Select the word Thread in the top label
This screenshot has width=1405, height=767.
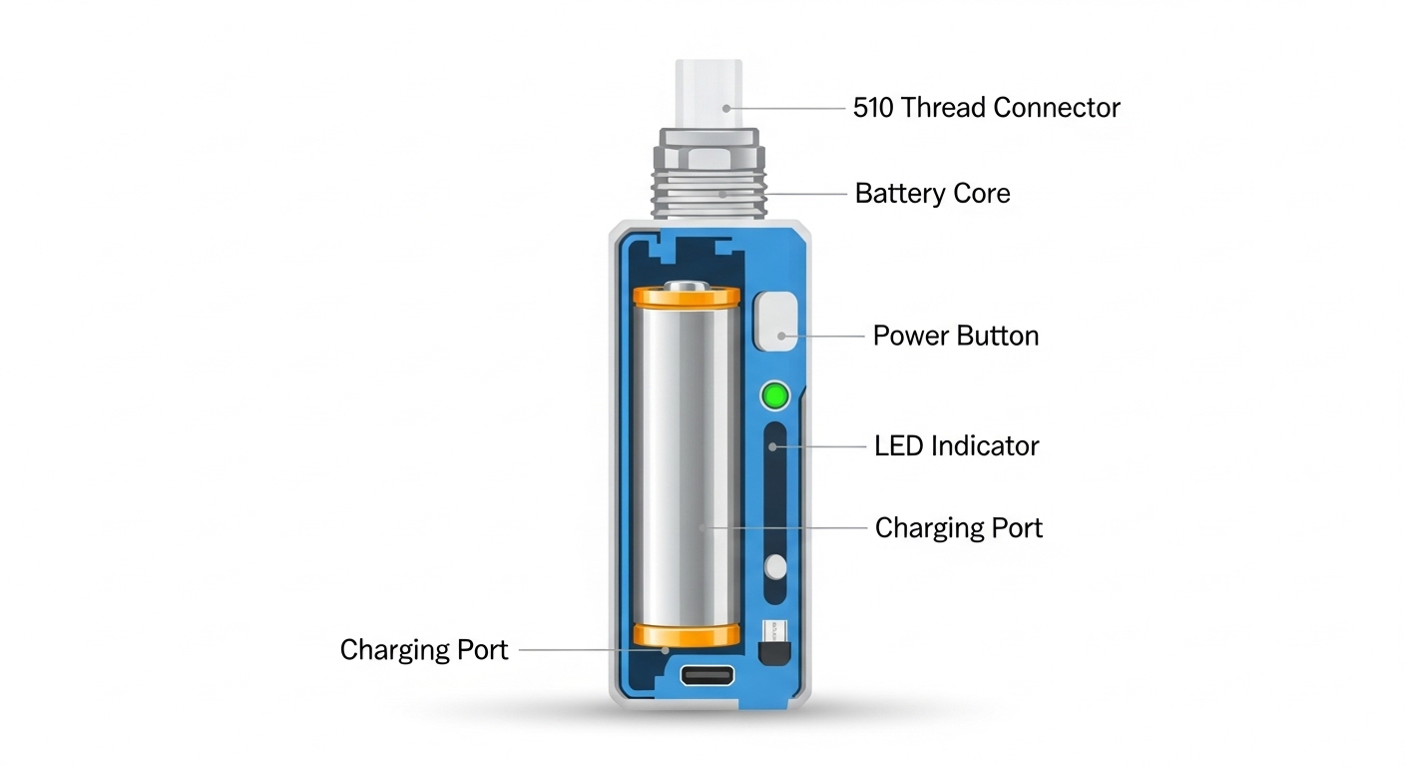[943, 108]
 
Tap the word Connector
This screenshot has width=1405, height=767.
[1057, 108]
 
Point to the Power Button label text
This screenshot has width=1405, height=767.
[956, 336]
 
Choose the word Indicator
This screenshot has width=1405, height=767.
[985, 446]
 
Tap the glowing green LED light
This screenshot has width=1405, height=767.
[775, 396]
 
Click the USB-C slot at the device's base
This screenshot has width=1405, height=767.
[706, 675]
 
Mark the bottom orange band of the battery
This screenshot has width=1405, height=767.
[687, 635]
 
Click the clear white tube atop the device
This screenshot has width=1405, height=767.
[708, 94]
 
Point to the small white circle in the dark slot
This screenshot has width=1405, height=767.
[776, 567]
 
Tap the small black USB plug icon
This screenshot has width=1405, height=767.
[774, 643]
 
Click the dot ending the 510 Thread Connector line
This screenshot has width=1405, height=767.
[726, 109]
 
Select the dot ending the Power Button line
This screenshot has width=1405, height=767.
[781, 337]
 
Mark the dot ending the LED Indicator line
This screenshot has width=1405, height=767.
[772, 446]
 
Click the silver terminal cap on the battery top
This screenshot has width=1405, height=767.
[687, 286]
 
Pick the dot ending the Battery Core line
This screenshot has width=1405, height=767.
[722, 195]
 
